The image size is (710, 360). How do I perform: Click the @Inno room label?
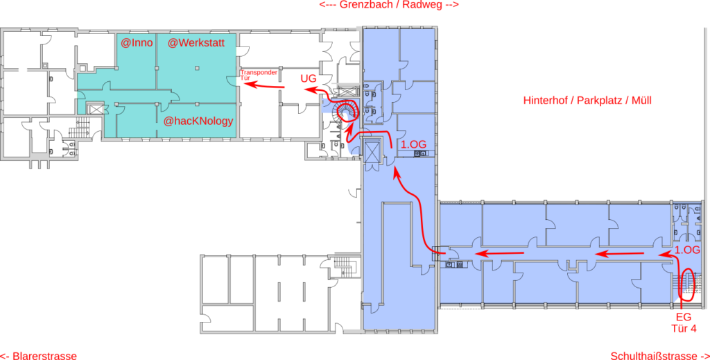point(137,44)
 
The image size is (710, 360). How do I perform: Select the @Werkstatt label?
point(202,44)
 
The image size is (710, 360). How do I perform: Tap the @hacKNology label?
point(198,121)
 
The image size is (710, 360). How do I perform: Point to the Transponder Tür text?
point(259,75)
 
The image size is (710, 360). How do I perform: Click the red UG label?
point(309,79)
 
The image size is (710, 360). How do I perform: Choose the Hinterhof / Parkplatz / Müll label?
point(587,101)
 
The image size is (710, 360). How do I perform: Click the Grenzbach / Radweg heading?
point(389,5)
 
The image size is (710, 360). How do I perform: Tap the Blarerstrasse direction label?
point(39,355)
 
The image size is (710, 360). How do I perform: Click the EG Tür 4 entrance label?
point(686,322)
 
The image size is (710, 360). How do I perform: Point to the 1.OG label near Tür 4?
point(687,250)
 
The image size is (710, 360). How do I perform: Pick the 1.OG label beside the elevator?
point(413,146)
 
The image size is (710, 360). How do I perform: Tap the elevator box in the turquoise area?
point(95,109)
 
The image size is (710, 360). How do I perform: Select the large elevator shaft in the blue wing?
point(373,152)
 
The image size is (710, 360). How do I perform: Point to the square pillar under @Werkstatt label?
point(196,68)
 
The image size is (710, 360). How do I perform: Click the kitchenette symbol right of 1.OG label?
point(420,153)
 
